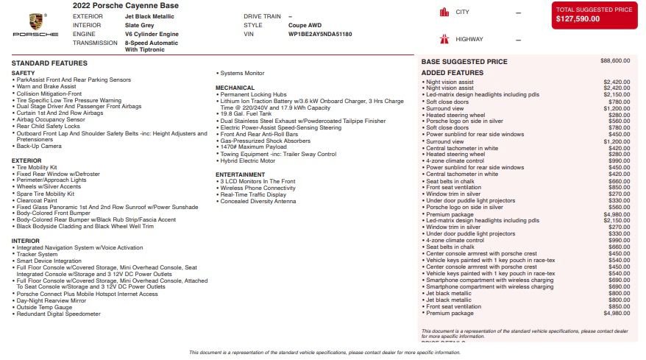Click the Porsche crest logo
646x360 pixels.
pos(35,21)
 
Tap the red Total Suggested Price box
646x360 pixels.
pos(594,15)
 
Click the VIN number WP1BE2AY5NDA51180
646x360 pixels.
pos(320,34)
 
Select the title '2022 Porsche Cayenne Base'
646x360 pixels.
pos(125,5)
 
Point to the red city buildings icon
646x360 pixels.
pos(444,12)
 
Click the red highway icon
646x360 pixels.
pos(444,38)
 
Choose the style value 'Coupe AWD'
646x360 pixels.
pos(304,24)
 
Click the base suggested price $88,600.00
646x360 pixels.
pos(615,61)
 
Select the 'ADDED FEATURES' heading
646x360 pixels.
pos(452,73)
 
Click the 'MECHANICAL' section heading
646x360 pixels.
pos(235,88)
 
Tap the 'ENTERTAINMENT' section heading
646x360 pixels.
pos(240,174)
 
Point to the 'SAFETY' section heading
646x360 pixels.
pos(23,73)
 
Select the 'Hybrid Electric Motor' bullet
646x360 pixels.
pos(251,160)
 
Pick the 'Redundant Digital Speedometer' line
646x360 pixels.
pos(59,314)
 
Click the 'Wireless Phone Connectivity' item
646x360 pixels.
pos(258,188)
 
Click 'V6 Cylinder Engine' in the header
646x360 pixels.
pos(152,34)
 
